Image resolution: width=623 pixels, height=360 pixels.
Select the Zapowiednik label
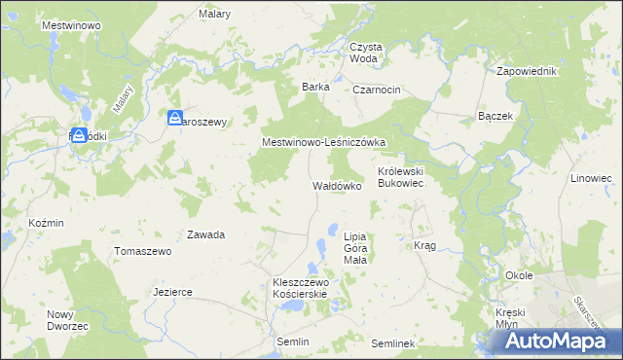[526, 72]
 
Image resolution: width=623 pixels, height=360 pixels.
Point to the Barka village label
[315, 87]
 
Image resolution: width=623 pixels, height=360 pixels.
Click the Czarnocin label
[377, 90]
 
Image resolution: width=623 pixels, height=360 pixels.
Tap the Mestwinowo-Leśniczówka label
[324, 142]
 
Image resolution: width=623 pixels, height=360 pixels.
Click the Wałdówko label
[337, 184]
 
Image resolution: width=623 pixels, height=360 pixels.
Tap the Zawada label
[206, 234]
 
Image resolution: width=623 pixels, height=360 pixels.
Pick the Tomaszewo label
[143, 251]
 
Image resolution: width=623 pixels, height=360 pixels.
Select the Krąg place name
[424, 245]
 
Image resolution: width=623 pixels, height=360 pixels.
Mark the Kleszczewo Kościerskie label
[302, 288]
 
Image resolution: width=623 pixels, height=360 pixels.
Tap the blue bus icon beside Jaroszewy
[174, 119]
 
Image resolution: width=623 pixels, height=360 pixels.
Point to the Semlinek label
[393, 343]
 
